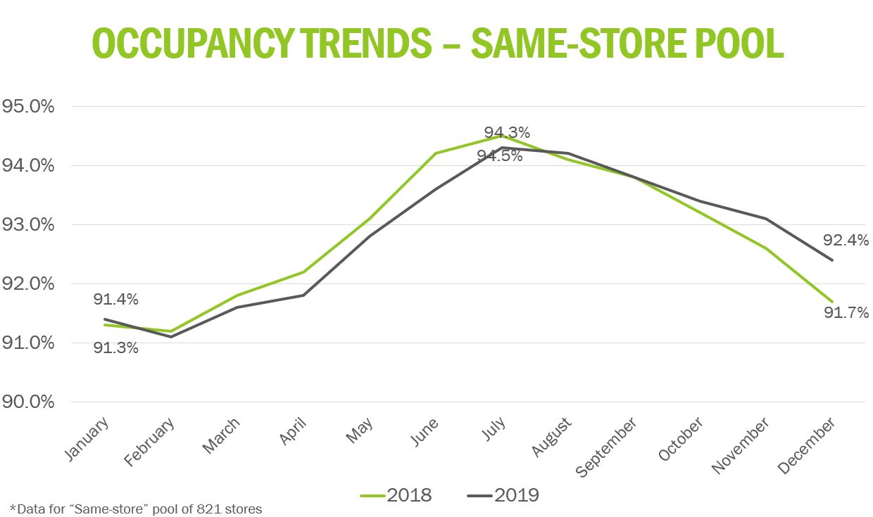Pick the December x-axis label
point(808,445)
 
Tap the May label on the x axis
point(360,430)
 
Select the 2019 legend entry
point(503,495)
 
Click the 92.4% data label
point(846,241)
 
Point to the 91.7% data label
point(846,312)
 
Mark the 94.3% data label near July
point(507,132)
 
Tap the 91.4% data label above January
point(116,300)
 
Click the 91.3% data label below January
point(116,347)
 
